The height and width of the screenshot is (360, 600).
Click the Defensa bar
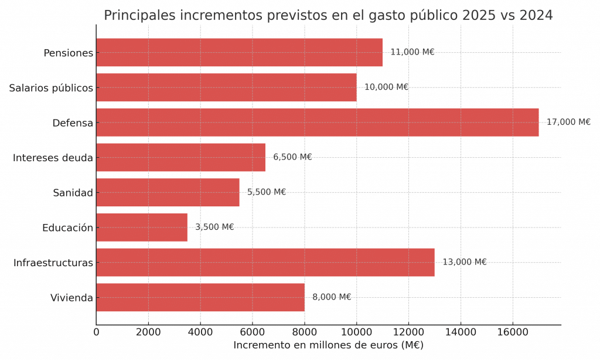[x=317, y=123]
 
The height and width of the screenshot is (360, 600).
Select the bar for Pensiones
[x=239, y=53]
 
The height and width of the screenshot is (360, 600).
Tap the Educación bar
[x=142, y=227]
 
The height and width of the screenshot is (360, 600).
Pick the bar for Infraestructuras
[x=265, y=262]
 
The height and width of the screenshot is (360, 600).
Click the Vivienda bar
[x=200, y=297]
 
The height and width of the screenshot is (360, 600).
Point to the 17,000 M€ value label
[x=568, y=123]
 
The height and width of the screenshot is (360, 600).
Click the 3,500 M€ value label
[x=214, y=227]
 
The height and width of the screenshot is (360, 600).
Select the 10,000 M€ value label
[x=386, y=87]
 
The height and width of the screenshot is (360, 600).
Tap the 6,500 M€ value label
[x=292, y=157]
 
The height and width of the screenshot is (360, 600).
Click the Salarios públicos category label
[x=51, y=88]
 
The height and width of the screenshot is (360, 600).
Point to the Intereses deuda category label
[x=53, y=158]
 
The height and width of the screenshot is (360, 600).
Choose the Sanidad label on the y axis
[x=73, y=193]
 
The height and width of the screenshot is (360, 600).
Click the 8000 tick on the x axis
[x=305, y=332]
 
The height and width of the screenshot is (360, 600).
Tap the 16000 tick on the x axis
[x=513, y=332]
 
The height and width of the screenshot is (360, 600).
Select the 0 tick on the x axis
[x=97, y=332]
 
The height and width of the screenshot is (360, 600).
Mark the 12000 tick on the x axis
[x=408, y=332]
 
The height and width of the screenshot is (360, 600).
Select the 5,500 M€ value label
[x=267, y=192]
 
